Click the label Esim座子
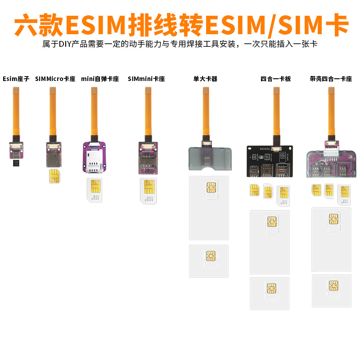(16, 79)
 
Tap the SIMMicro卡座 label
(55, 79)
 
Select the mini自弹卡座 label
(100, 79)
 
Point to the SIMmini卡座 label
(146, 79)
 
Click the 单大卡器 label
(205, 79)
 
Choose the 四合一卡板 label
(276, 79)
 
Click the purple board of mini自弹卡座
(94, 157)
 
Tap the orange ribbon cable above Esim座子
(17, 112)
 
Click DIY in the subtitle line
(66, 45)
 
